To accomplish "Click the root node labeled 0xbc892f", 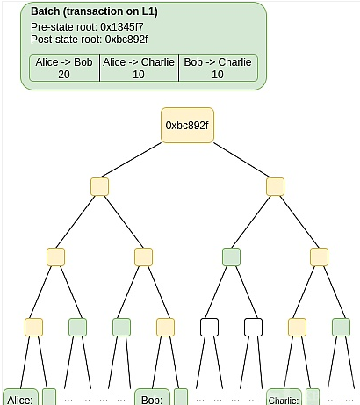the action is [x=187, y=126].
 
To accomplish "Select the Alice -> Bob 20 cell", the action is [x=64, y=68].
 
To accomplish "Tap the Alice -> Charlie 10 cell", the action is [x=139, y=68].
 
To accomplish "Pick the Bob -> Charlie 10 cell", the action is [x=218, y=68].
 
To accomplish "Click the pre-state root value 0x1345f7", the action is [x=122, y=27].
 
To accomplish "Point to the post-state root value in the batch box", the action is [x=126, y=40].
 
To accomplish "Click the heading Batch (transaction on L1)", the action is [x=94, y=11].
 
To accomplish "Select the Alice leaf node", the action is [x=20, y=397].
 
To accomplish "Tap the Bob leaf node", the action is [x=152, y=397].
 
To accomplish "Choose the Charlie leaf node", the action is [x=284, y=397].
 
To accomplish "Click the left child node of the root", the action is [x=99, y=186].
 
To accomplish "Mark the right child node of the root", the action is [x=275, y=186].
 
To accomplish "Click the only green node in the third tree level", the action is [x=231, y=257].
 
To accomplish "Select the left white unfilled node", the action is [x=209, y=327].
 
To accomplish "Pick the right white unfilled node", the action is [x=253, y=327].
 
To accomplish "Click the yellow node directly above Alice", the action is [x=33, y=327].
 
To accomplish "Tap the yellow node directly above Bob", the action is [x=165, y=327].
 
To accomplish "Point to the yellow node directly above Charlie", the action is [x=297, y=327].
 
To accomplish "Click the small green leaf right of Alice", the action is [x=49, y=397].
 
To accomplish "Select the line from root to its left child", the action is [x=131, y=160].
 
